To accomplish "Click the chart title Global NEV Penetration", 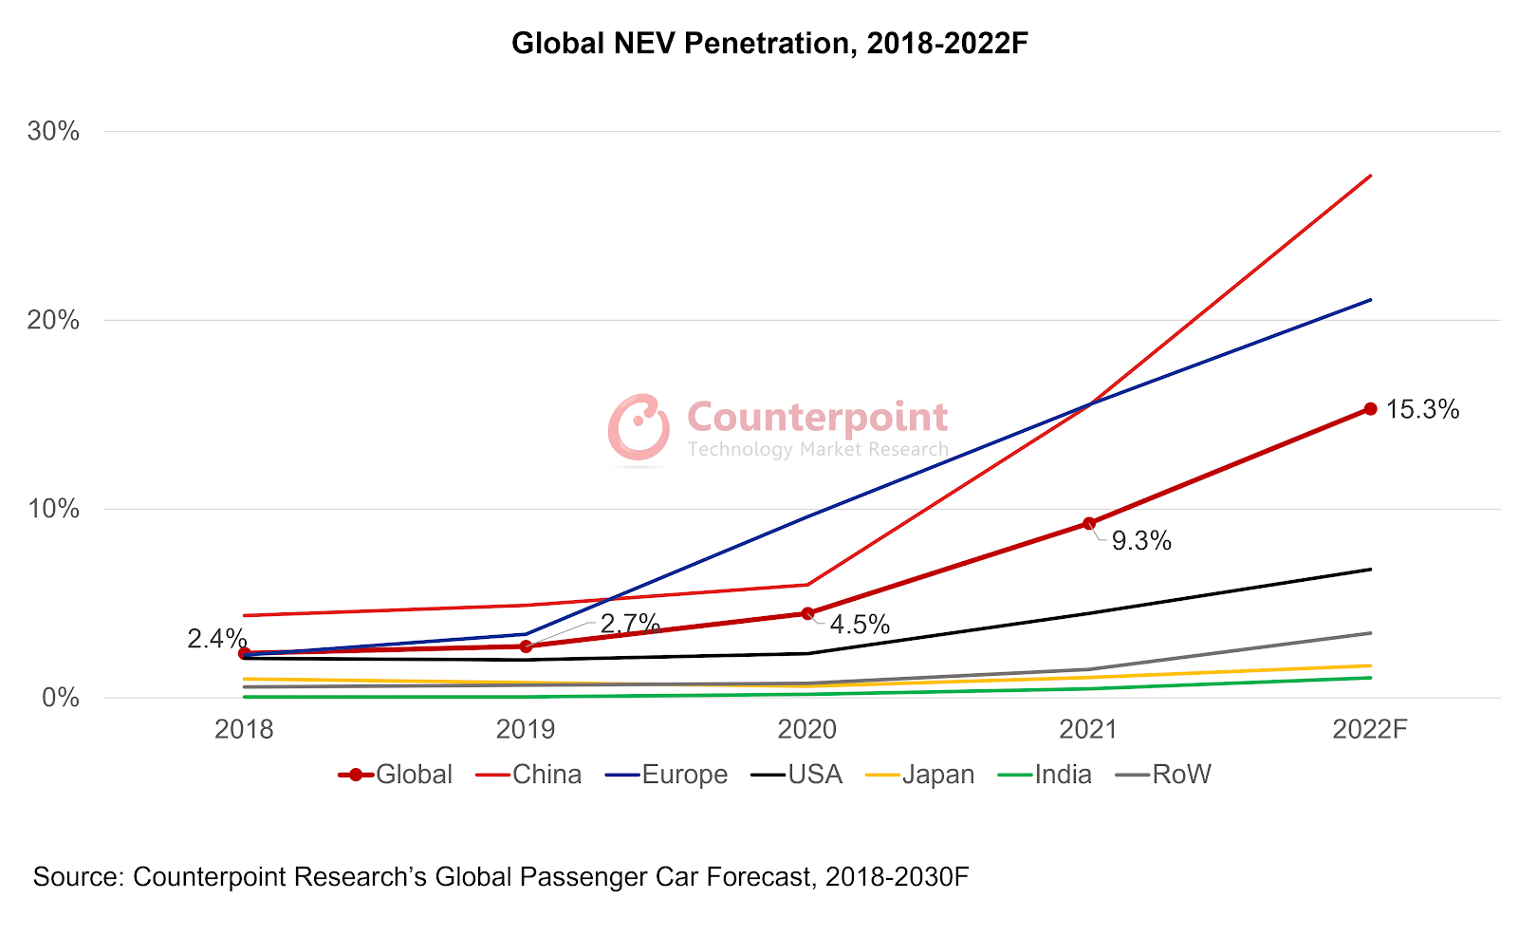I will [x=769, y=44].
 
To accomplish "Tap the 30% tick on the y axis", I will [x=53, y=131].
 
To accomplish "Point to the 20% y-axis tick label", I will [x=53, y=320].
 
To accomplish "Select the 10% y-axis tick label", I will [x=53, y=509].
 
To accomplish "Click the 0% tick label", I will [x=59, y=698].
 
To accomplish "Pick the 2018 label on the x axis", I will [x=244, y=729].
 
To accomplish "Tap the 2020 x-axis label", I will [x=807, y=729].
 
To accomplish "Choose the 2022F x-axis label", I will [x=1370, y=729].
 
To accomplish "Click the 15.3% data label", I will [x=1422, y=410].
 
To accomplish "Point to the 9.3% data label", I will [x=1141, y=541].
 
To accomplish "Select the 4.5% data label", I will [x=860, y=625].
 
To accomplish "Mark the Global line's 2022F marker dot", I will [x=1370, y=409].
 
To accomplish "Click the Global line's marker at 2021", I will [x=1089, y=523].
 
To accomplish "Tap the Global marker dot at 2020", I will [x=807, y=613].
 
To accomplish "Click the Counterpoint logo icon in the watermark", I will [x=639, y=426].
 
